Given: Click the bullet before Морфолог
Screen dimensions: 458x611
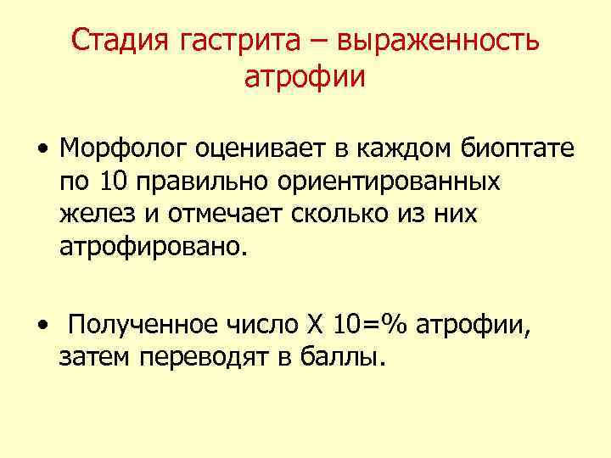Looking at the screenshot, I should tap(42, 151).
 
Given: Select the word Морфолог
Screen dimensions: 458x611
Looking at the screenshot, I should tap(124, 149).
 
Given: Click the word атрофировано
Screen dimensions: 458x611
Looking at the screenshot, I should tap(154, 247).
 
